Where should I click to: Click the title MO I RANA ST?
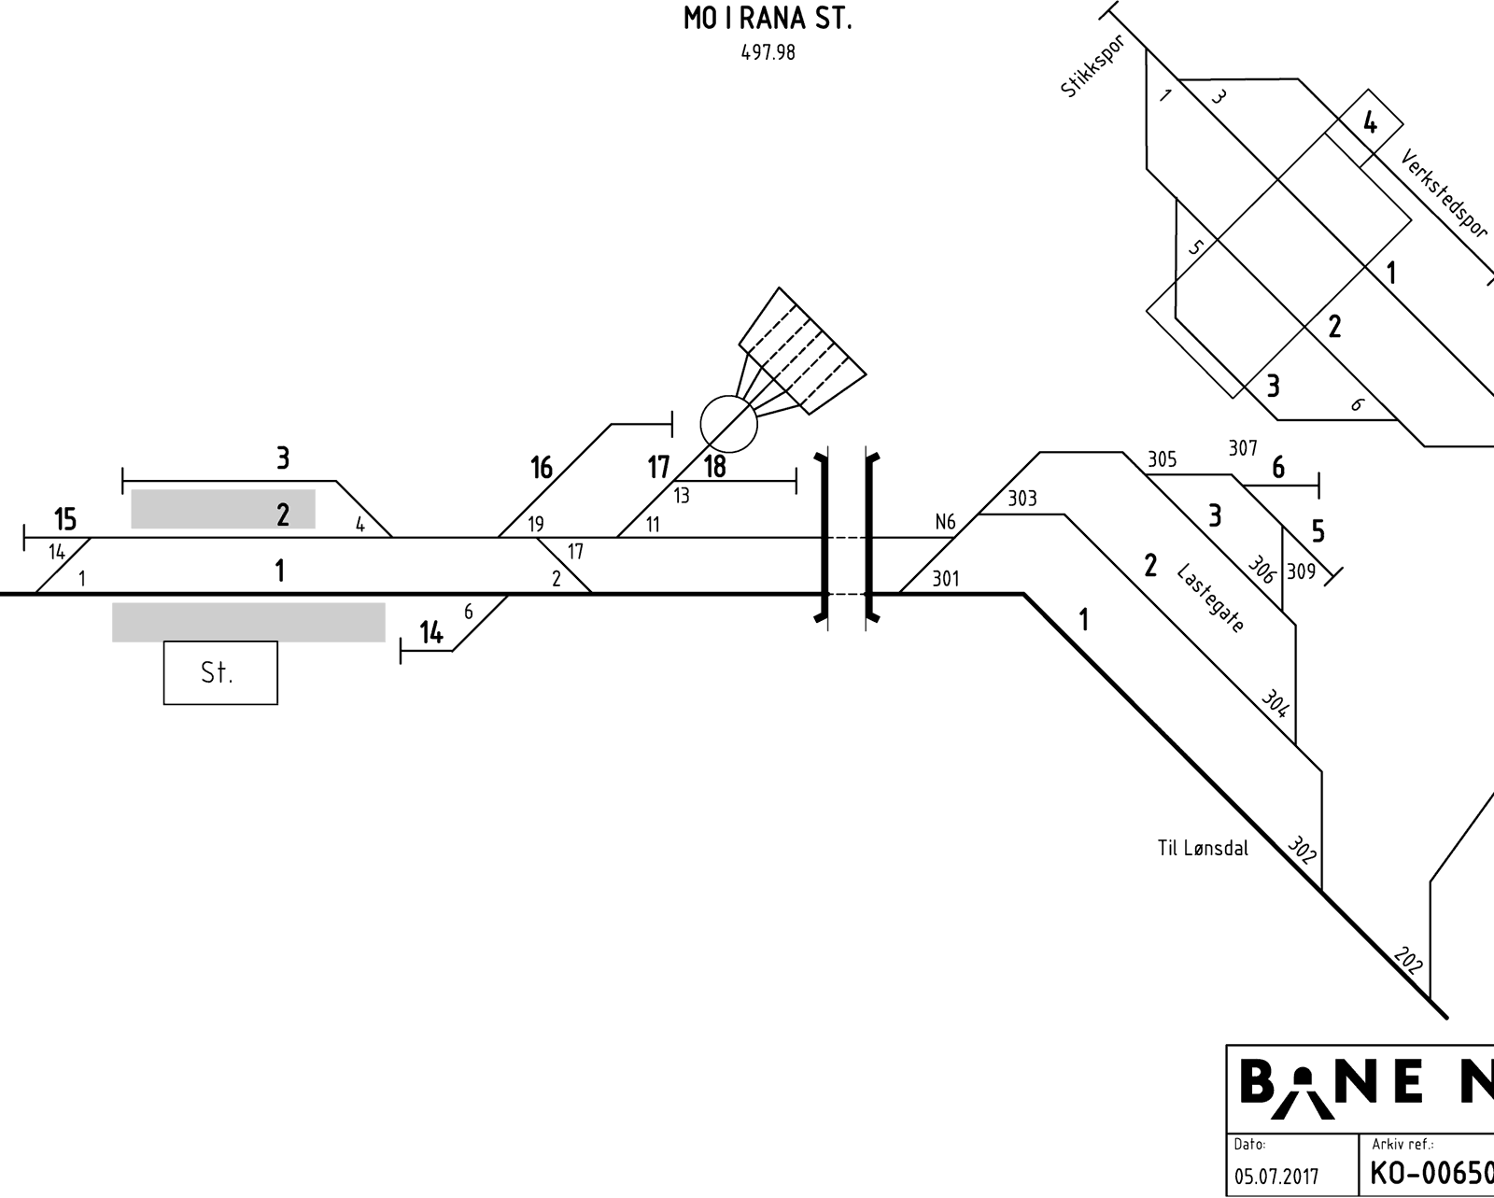768,19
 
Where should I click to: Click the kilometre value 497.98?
768,53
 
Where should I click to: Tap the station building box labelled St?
220,672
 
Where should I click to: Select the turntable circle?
728,423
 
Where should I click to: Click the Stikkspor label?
1092,66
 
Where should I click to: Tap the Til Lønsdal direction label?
1203,848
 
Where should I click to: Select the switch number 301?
946,579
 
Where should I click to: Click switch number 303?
1022,498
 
